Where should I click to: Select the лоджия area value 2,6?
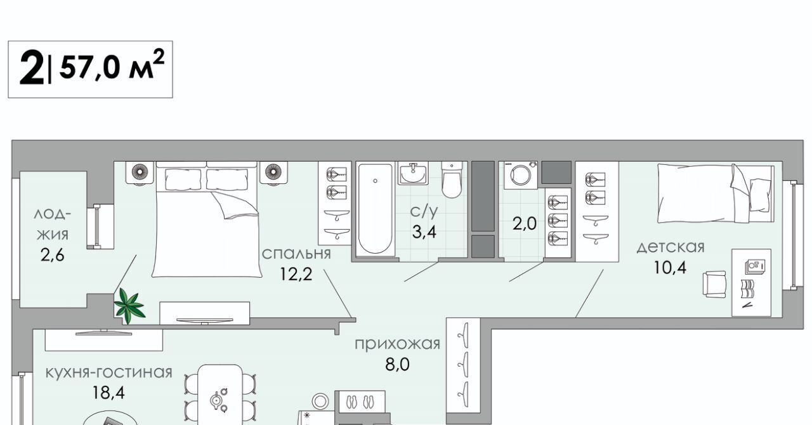coord(52,255)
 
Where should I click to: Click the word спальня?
coord(296,254)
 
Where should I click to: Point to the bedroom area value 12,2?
coord(296,274)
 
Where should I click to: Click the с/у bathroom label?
coord(424,211)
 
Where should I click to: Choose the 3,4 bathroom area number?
coord(424,232)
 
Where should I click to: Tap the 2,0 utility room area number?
coord(524,223)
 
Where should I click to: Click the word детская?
coord(671,247)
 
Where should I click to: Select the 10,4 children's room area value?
coord(670,268)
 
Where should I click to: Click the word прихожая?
coord(397,344)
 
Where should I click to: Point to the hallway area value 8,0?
coord(397,364)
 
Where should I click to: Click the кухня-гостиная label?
coord(108,373)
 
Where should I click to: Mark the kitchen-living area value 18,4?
coord(108,393)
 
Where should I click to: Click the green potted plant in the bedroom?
coord(129,305)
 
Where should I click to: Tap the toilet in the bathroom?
coord(452,180)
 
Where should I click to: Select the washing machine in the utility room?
coord(521,175)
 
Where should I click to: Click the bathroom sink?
coord(413,173)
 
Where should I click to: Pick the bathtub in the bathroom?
coord(375,209)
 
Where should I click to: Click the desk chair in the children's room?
coord(714,284)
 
